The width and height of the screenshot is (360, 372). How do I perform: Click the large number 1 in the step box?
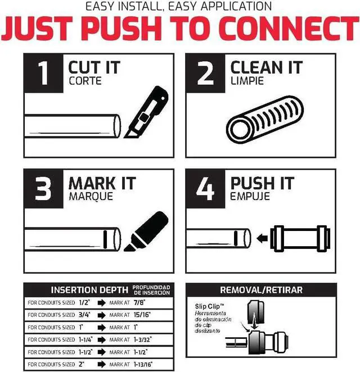43,73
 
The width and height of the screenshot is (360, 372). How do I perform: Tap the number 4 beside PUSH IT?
206,189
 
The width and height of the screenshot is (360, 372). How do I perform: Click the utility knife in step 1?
147,112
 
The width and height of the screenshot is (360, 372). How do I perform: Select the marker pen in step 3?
146,231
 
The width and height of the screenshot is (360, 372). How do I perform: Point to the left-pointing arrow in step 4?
262,238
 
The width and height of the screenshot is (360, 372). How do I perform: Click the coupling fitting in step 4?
300,238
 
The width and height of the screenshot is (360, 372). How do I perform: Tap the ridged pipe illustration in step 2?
265,119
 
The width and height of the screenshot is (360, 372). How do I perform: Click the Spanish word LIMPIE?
247,81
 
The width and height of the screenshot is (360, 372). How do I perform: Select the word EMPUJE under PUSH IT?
250,196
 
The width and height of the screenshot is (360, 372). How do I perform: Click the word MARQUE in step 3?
91,197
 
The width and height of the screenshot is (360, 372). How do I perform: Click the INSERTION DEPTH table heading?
89,290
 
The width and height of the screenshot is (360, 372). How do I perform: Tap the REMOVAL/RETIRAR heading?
261,290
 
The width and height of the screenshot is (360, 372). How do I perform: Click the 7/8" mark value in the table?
139,302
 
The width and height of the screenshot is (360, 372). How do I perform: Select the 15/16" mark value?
142,315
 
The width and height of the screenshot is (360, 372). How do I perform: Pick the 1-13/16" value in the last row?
143,364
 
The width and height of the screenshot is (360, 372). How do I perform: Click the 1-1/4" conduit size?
85,340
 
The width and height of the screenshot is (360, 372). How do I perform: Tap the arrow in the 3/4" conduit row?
102,315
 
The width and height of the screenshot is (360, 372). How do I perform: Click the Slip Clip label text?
210,306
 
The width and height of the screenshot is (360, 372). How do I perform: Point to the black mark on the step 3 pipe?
105,239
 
